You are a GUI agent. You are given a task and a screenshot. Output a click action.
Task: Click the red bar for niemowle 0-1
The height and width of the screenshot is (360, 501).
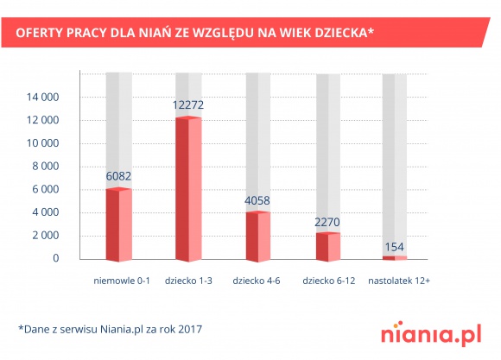click(x=118, y=224)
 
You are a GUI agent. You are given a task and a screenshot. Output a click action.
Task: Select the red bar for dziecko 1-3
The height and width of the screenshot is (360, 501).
click(x=188, y=189)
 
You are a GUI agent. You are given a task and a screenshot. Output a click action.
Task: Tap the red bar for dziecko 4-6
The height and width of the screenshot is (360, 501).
click(x=258, y=235)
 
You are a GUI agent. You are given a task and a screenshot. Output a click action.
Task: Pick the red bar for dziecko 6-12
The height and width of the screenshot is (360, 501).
click(x=328, y=246)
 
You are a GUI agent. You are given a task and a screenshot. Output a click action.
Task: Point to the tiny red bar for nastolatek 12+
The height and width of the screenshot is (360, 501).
click(x=395, y=257)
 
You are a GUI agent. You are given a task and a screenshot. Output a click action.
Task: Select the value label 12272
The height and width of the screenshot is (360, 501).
click(x=188, y=105)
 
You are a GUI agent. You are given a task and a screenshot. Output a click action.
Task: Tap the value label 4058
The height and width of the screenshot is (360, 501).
click(x=258, y=200)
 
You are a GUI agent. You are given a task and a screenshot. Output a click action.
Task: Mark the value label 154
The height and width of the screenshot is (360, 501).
click(x=395, y=245)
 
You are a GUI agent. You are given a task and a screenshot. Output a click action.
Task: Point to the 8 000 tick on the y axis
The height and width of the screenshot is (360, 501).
click(x=44, y=167)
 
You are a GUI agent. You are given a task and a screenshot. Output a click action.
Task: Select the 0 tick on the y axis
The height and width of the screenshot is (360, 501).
click(x=55, y=258)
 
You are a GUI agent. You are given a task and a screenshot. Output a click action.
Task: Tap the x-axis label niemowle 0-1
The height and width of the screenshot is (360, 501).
click(x=121, y=281)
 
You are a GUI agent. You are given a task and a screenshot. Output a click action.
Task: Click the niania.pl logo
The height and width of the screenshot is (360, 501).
click(x=429, y=333)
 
